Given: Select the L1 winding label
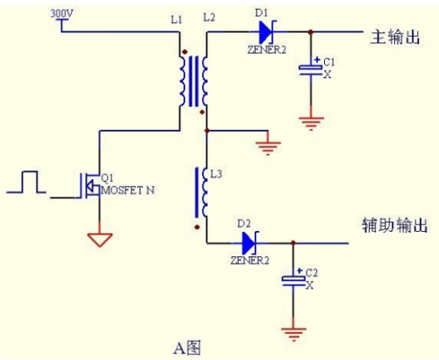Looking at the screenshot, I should (176, 18).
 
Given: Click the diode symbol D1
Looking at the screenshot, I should (264, 32).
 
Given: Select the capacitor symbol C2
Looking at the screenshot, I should (292, 278).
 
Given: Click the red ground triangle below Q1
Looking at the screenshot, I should (99, 237).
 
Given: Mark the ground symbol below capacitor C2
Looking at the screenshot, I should (292, 331).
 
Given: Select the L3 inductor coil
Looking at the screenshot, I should (199, 192).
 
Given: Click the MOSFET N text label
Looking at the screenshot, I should (129, 190).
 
